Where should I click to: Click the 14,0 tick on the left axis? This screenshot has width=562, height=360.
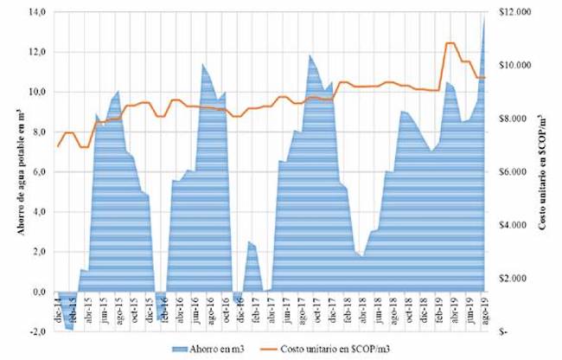coord(37,11)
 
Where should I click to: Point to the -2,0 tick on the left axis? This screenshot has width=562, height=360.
coord(37,332)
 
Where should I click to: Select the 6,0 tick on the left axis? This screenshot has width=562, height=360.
coord(39,171)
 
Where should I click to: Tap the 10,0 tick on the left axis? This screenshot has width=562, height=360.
coord(37,92)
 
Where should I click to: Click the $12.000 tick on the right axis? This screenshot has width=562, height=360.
coord(509,11)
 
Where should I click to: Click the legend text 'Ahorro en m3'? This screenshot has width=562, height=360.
coord(201,348)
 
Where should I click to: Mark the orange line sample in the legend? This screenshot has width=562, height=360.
coord(257,348)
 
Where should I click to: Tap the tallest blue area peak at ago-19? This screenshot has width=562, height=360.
coord(483,19)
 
